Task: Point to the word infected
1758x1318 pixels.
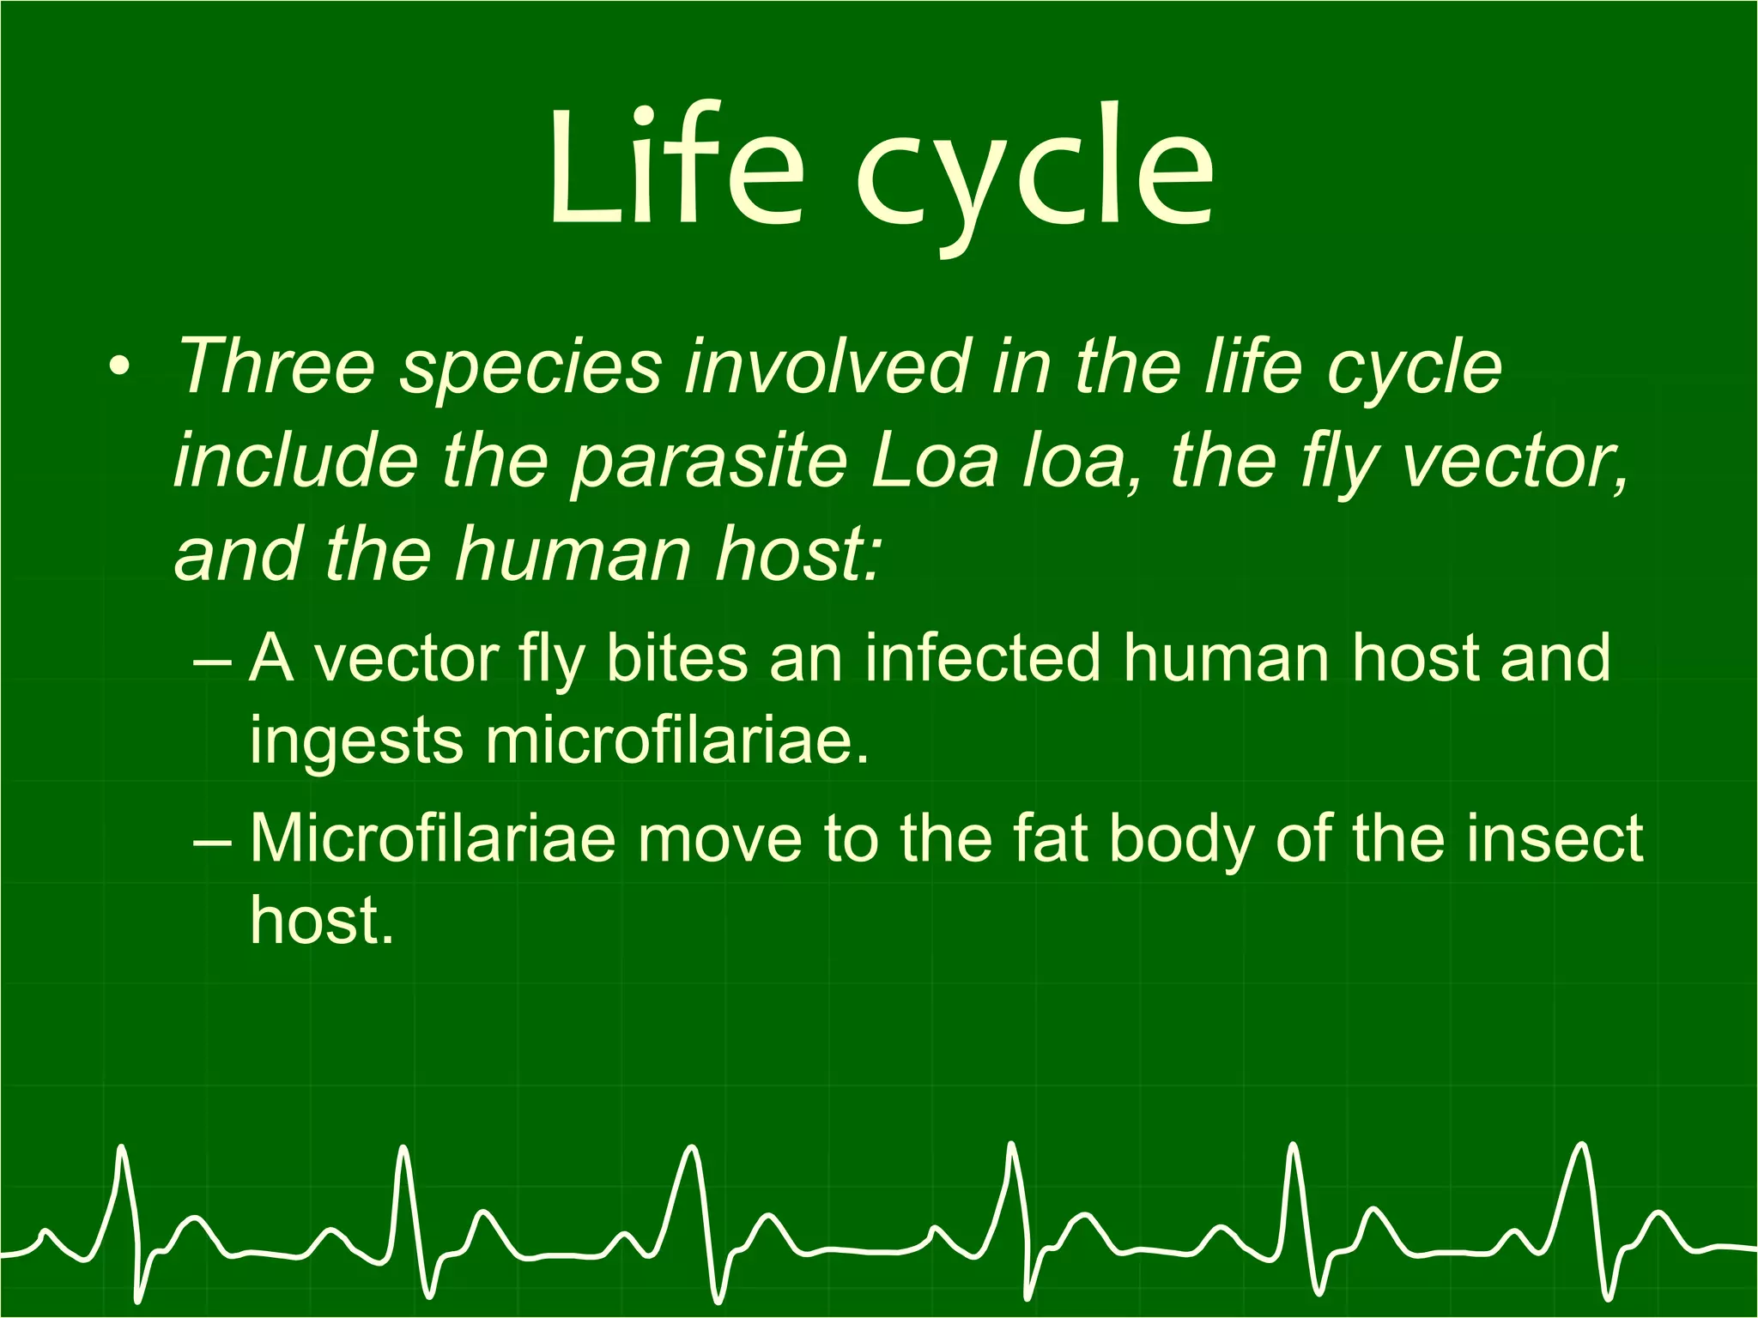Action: click(x=982, y=659)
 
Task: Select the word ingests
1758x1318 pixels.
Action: click(x=355, y=743)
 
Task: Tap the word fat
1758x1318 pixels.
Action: click(x=1052, y=838)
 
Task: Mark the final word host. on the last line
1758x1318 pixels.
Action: click(x=321, y=920)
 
